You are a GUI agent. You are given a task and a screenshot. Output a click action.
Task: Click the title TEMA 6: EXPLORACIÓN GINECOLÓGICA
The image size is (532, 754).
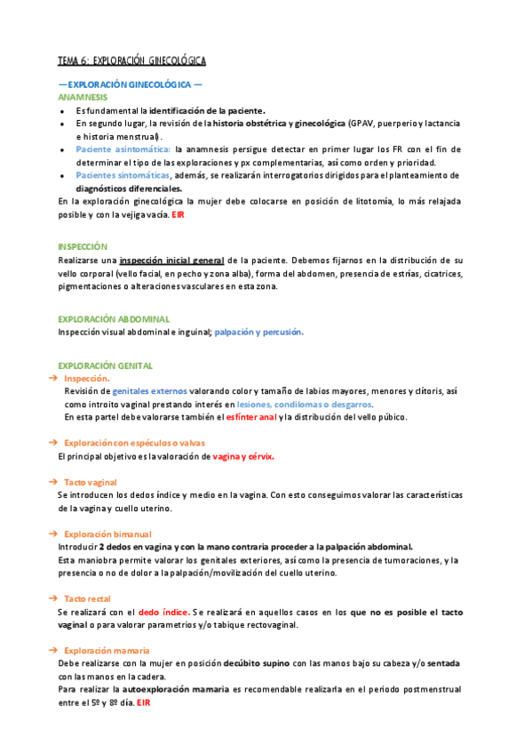tap(131, 60)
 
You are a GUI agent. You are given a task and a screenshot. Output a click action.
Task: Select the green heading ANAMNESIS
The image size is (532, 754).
tap(83, 96)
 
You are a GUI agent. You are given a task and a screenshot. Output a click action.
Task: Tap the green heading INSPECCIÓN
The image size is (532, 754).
tap(83, 246)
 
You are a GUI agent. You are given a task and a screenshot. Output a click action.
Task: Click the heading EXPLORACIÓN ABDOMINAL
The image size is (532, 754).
tap(114, 318)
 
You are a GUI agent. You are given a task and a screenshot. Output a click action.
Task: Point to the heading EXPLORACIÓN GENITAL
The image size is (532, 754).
tap(105, 365)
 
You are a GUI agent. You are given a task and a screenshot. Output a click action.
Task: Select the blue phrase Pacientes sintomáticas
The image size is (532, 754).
tap(122, 175)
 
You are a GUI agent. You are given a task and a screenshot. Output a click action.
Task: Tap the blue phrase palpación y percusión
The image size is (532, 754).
tap(263, 332)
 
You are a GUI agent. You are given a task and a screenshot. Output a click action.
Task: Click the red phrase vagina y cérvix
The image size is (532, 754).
tap(243, 456)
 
